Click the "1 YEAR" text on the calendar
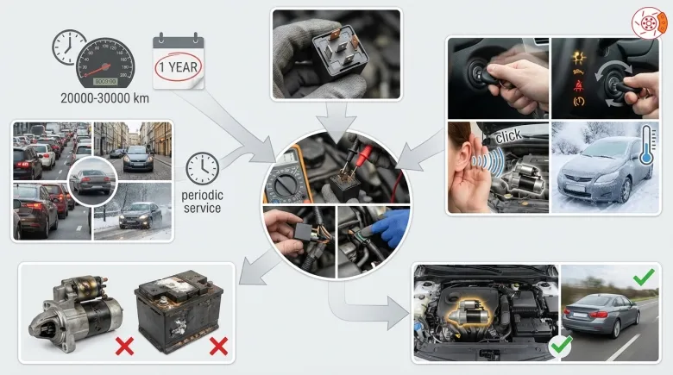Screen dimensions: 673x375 pos(178,67)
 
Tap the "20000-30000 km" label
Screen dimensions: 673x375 pos(104,98)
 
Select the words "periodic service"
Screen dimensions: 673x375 pos(202,202)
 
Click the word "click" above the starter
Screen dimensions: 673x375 pos(508,136)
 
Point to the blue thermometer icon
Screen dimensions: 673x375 pos(647,145)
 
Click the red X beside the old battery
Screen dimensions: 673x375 pos(218,347)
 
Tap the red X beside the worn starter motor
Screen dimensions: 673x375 pos(124,347)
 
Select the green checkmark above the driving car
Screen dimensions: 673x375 pos(644,278)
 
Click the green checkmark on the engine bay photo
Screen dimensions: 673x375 pos(562,345)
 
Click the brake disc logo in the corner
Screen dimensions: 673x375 pos(649,22)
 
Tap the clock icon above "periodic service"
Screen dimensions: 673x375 pos(202,169)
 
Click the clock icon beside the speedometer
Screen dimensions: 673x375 pos(69,47)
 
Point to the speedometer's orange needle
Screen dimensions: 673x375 pos(100,69)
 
